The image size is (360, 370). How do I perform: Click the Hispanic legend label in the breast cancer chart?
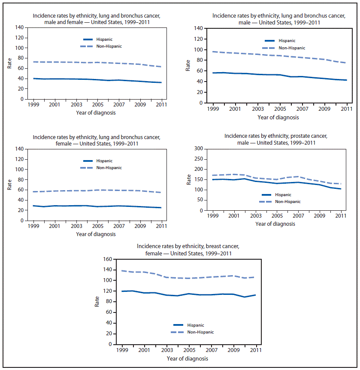pyautogui.click(x=196, y=325)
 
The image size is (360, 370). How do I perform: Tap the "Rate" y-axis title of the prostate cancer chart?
pyautogui.click(x=188, y=179)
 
